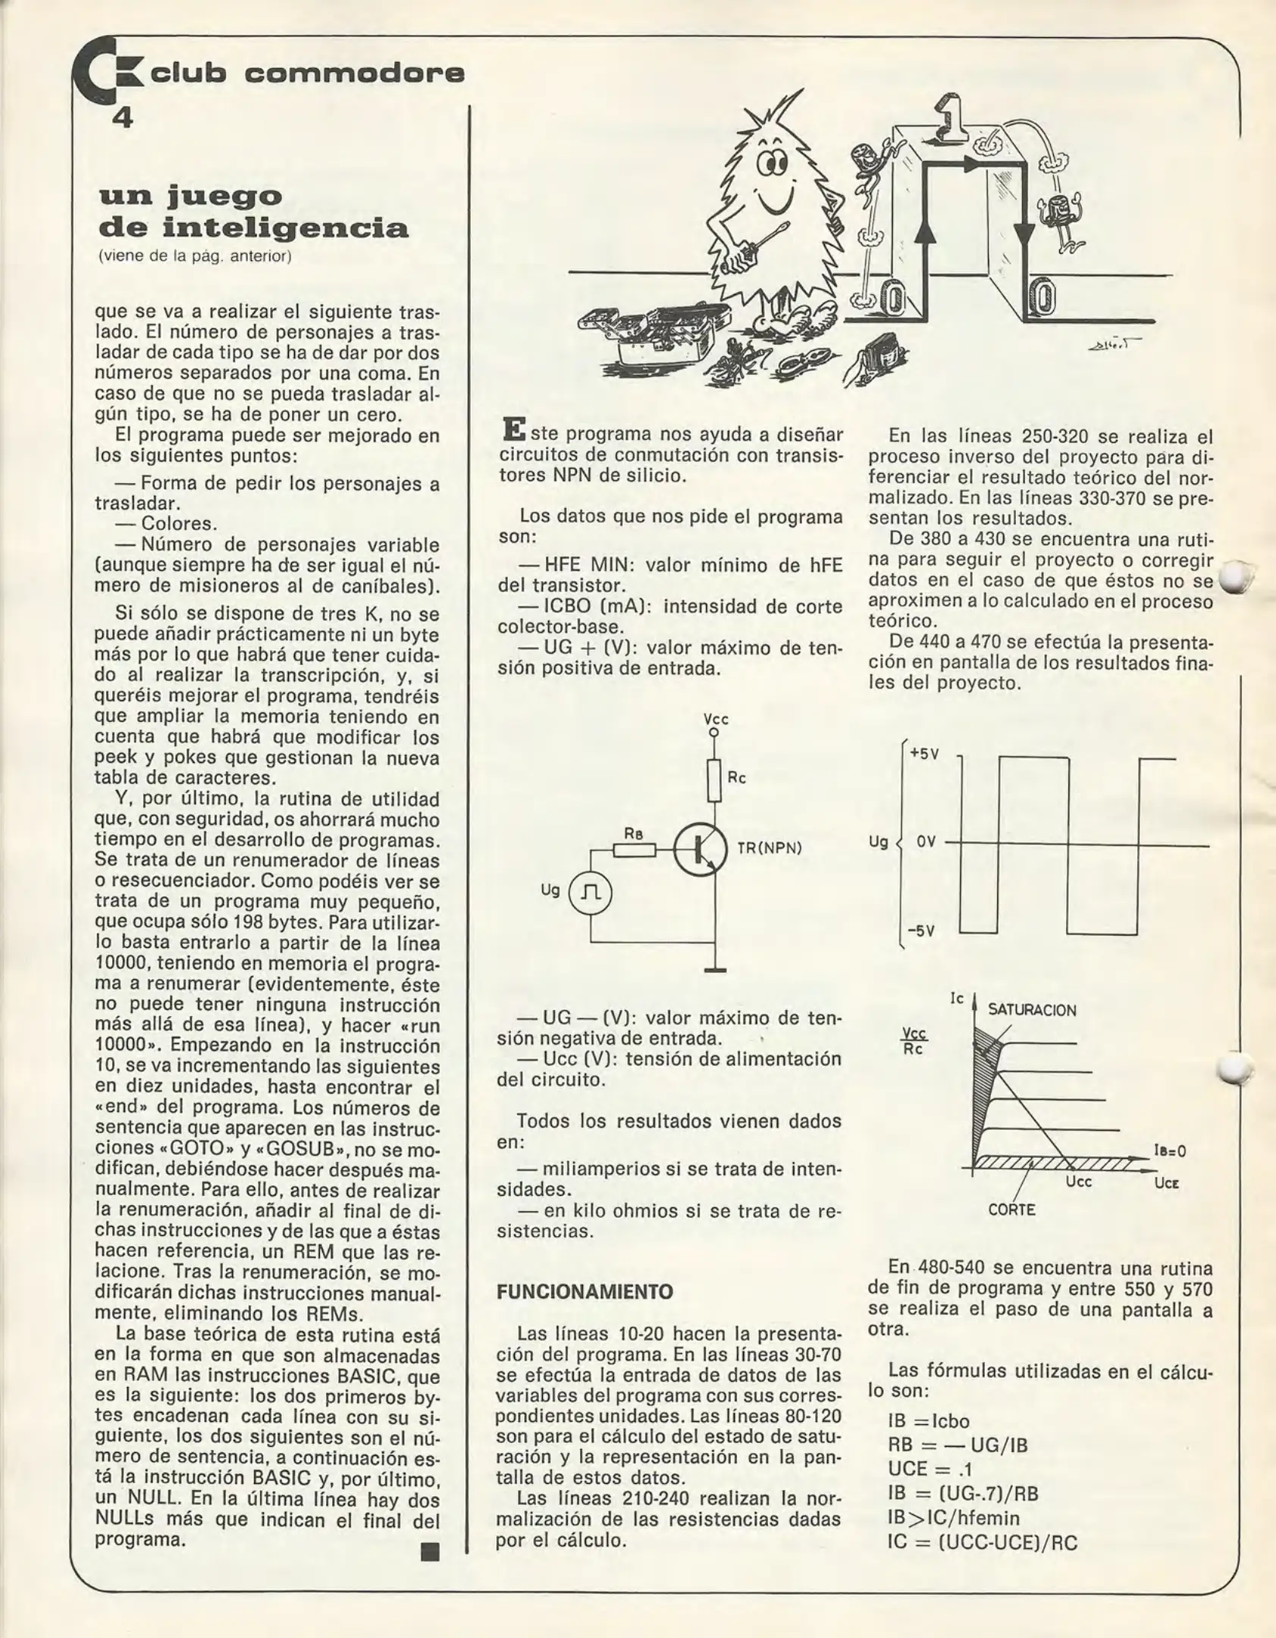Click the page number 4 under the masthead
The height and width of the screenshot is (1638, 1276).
(x=122, y=118)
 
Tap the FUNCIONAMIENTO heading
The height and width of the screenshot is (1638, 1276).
(x=585, y=1291)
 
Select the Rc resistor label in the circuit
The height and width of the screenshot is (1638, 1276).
(x=736, y=777)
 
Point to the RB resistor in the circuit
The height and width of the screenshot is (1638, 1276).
(x=634, y=850)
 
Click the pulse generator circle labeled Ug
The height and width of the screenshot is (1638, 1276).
(x=590, y=892)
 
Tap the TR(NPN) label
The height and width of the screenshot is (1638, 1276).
(x=769, y=848)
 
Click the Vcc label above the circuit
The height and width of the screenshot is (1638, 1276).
(x=716, y=719)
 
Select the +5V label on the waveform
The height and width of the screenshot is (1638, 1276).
(x=924, y=755)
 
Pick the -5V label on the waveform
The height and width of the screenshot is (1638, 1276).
(x=921, y=930)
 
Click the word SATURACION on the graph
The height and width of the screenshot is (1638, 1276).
(x=1031, y=1010)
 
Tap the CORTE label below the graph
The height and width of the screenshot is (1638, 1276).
(x=1011, y=1210)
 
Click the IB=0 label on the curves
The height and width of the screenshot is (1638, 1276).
(x=1169, y=1151)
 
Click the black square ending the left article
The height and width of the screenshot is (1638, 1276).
(x=430, y=1552)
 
